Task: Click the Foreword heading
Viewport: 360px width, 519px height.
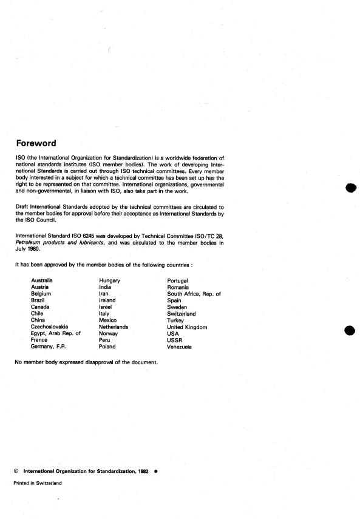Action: pos(36,144)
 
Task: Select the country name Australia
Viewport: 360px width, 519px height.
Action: pos(42,280)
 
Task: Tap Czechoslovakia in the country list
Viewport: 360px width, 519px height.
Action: pos(50,327)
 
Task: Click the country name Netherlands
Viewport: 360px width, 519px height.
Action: pos(113,327)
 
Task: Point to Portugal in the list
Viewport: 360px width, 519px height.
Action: pos(177,280)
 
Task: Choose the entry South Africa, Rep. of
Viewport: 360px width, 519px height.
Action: pos(194,294)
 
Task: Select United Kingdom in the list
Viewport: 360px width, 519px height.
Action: pos(187,327)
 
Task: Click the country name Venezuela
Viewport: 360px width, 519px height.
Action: pos(179,347)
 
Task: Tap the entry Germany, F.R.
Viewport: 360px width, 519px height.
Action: pos(48,347)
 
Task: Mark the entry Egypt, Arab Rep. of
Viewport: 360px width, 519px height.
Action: pos(55,334)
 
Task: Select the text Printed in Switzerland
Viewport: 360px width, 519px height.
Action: pos(37,483)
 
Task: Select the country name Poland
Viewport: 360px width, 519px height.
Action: pos(107,347)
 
